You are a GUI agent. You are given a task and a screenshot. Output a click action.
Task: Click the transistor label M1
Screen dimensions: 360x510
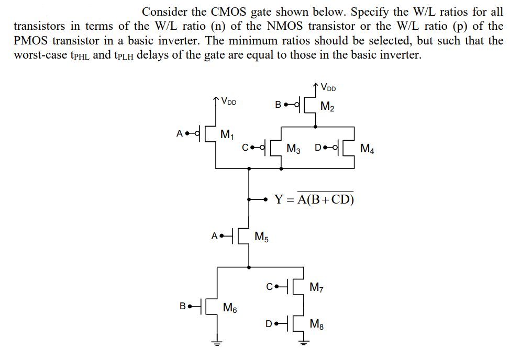pos(227,135)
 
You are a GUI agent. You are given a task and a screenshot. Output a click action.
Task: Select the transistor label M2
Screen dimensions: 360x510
pos(327,108)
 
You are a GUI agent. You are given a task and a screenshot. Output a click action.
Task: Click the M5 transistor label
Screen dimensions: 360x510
pos(262,237)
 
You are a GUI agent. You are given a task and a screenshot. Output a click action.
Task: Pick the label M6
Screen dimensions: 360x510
pos(230,308)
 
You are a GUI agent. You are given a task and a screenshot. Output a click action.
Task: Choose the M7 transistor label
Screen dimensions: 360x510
pos(317,287)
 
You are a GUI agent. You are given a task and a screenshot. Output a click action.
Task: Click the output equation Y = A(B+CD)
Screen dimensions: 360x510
pos(314,199)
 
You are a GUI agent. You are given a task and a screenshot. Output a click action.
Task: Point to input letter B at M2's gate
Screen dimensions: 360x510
pos(278,104)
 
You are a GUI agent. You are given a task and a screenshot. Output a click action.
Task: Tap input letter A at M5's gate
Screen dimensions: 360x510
pos(214,236)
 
